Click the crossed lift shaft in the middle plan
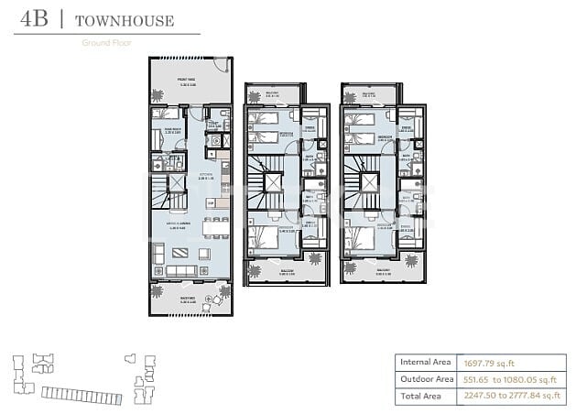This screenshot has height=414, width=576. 272,181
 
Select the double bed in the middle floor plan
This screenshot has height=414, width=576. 265,236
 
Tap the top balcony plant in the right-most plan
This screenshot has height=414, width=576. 349,94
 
